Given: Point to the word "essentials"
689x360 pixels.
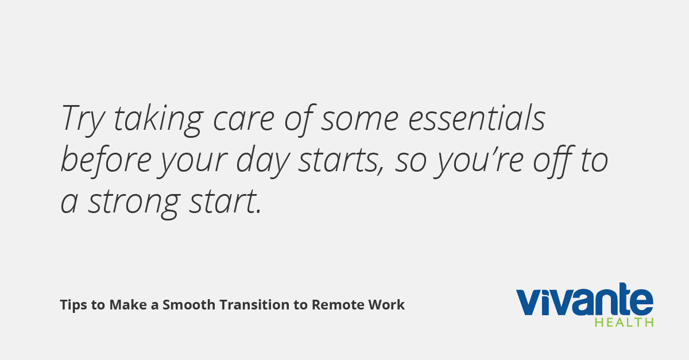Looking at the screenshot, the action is (477, 118).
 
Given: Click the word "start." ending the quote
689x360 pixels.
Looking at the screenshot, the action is (225, 202).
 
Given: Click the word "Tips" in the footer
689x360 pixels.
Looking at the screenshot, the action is (73, 305).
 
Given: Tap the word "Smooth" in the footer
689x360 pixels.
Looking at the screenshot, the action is (189, 305).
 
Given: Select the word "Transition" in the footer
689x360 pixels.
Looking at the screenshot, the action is (254, 305).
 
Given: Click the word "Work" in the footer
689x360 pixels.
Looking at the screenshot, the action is (386, 305).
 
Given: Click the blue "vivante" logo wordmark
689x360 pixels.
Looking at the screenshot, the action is (585, 299).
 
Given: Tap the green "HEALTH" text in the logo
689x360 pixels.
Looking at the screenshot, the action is (624, 322).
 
